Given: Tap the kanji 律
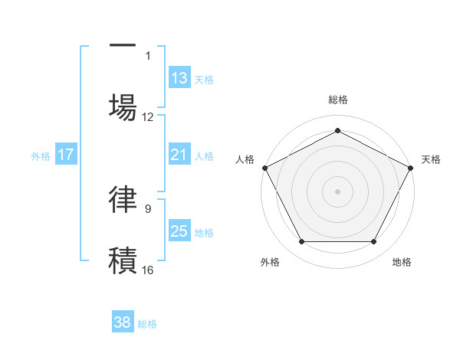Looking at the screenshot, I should [123, 198].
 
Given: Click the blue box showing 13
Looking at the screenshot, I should [179, 78].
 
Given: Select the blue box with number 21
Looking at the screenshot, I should [179, 155].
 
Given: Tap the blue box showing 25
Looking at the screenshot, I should [179, 231].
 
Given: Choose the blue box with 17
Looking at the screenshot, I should [66, 155].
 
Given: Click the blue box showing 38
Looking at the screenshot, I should [123, 322].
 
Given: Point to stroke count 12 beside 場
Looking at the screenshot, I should [148, 117].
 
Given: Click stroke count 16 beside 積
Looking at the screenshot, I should [148, 270].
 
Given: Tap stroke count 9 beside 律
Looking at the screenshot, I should [148, 208].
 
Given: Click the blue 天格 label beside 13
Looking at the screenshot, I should [204, 80].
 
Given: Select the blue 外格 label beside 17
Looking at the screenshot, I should [41, 156].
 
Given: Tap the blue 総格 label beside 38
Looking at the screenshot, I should [147, 324].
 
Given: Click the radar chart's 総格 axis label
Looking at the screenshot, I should [337, 100].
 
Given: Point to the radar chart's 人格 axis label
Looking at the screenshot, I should [245, 159].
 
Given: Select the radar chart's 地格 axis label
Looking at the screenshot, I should [402, 263].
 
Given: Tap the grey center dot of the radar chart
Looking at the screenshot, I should [337, 191].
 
